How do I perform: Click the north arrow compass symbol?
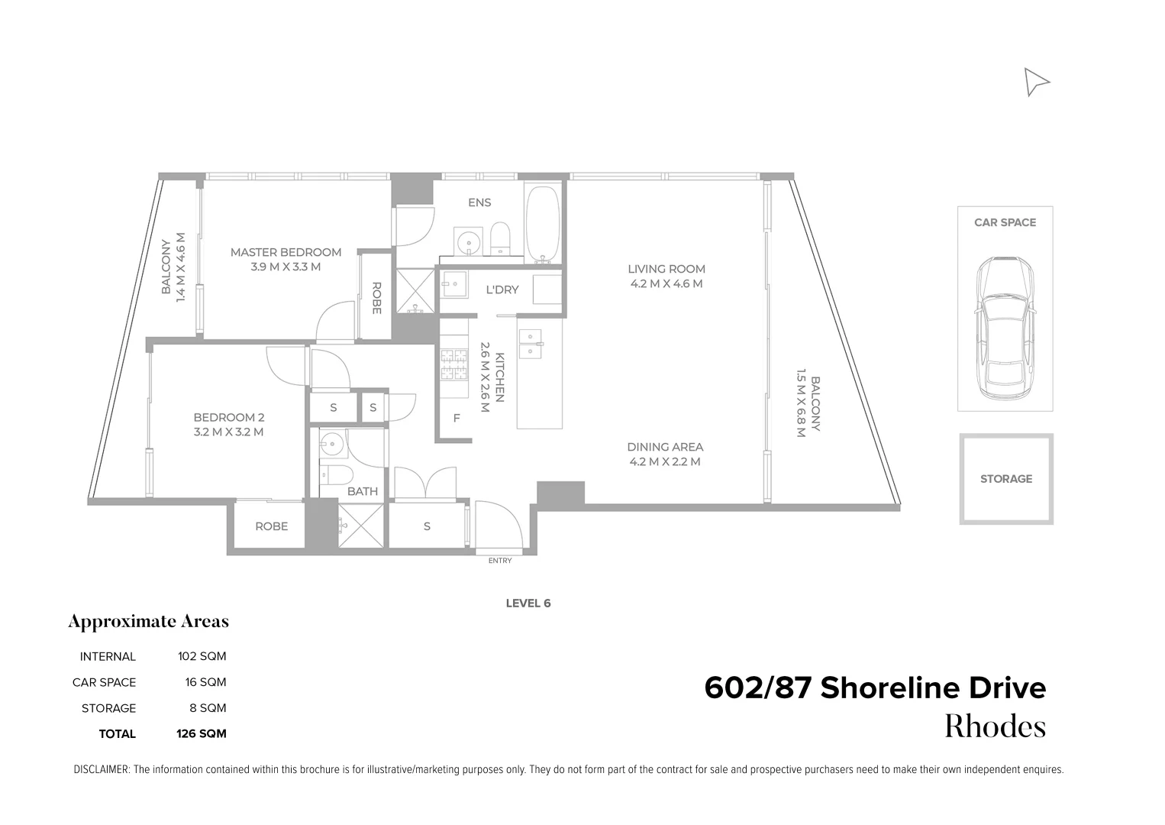[x=1035, y=82]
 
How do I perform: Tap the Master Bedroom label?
[x=286, y=252]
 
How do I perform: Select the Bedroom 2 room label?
[x=228, y=417]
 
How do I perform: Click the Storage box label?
[x=1005, y=479]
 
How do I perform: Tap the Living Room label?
[x=666, y=269]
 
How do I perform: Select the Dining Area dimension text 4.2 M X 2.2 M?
[x=665, y=461]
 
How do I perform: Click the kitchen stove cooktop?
[x=453, y=364]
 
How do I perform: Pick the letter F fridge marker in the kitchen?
[x=457, y=418]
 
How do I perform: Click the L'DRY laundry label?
[x=502, y=290]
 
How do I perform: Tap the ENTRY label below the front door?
[x=500, y=561]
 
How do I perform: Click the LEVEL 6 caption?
[x=528, y=603]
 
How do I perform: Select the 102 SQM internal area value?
[x=202, y=656]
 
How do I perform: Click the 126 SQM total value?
[x=202, y=733]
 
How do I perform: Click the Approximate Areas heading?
[x=148, y=621]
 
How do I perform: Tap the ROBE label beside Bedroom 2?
[x=271, y=526]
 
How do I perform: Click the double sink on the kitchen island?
[x=529, y=344]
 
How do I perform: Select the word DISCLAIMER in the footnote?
[x=102, y=770]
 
